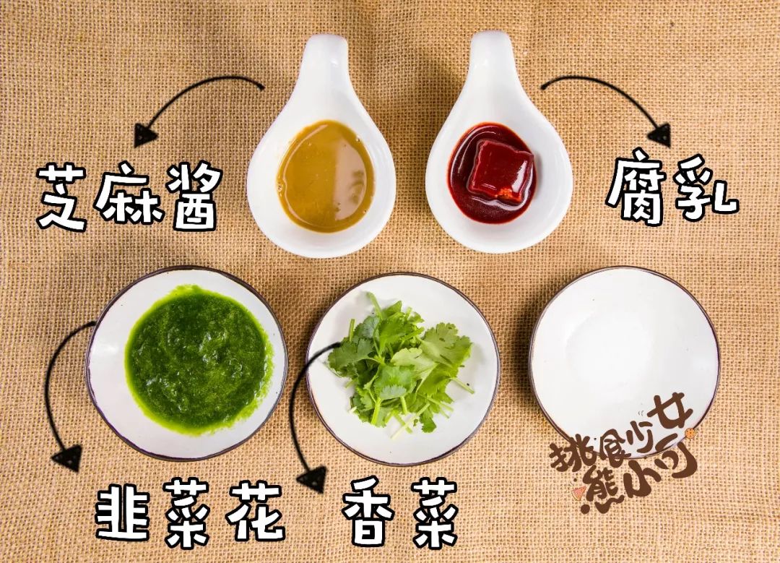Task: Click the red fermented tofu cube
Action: tap(500, 171)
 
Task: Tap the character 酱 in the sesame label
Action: tap(194, 196)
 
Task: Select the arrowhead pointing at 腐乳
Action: tap(659, 134)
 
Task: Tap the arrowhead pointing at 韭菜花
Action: tap(68, 457)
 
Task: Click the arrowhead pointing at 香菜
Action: tap(313, 478)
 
